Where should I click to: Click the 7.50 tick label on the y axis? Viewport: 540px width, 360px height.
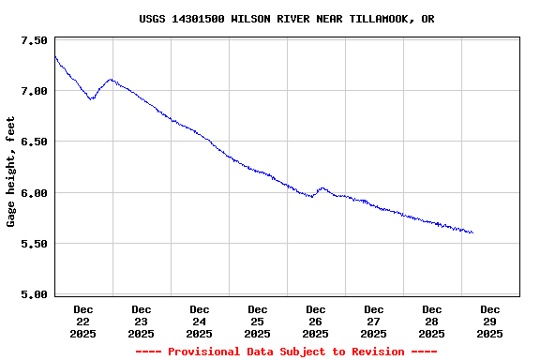coord(33,40)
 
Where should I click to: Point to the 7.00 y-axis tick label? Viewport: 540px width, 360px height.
coord(33,91)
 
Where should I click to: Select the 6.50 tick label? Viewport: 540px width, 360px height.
coord(33,142)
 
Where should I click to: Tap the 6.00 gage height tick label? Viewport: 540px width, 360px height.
coord(33,193)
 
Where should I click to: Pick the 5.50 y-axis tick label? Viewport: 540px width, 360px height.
coord(33,244)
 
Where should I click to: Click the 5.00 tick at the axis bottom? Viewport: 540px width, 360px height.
coord(33,294)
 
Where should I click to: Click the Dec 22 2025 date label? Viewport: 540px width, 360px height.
coord(83,321)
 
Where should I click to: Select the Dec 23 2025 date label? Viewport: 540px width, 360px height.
coord(142,321)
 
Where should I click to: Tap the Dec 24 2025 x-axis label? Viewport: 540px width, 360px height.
coord(200,321)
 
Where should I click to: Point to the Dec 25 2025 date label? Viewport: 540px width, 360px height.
coord(258,321)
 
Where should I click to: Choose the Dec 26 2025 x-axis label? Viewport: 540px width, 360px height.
coord(316,321)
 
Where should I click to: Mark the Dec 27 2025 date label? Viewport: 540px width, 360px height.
coord(374,321)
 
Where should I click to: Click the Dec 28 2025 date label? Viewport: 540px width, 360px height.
coord(432,321)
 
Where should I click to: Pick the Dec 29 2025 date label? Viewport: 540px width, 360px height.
coord(490,321)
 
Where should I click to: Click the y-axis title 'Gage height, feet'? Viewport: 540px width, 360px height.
coord(11,172)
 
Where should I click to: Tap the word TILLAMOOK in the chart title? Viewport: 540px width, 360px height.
coord(380,19)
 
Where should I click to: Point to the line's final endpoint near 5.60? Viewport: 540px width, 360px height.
coord(472,232)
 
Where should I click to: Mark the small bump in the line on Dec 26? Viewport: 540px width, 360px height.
coord(322,188)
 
